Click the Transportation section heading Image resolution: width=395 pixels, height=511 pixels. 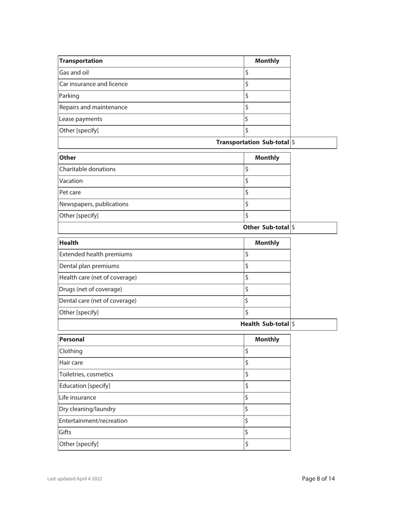[81, 61]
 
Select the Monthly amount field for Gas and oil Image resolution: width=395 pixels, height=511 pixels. [267, 73]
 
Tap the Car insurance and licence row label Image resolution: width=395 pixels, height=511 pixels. [94, 84]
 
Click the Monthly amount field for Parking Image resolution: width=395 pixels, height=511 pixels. [267, 96]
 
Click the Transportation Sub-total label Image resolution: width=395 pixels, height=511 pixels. [253, 142]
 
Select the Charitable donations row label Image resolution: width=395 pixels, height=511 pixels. [88, 169]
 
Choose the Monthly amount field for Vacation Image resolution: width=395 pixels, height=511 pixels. [267, 181]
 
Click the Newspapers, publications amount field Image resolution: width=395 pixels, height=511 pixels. [267, 204]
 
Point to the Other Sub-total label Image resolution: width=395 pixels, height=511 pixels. [266, 227]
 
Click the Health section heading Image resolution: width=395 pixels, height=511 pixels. [69, 243]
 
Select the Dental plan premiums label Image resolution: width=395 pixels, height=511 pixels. [89, 266]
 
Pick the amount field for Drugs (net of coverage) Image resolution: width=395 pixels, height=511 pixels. [267, 289]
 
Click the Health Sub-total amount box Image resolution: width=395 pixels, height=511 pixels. [314, 324]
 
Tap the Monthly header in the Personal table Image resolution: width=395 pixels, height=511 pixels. [267, 339]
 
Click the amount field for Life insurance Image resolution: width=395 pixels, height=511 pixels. [267, 398]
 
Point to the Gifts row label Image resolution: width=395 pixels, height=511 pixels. [66, 432]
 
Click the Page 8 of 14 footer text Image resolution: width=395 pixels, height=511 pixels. [318, 479]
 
